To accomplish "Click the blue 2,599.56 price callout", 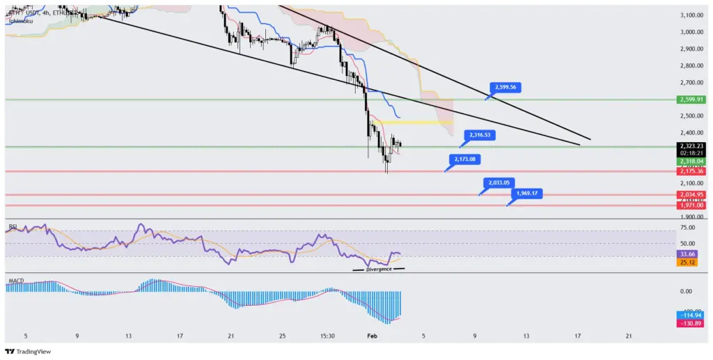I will click(506, 87).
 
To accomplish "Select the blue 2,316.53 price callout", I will click(480, 134).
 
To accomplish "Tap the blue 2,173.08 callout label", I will click(464, 159).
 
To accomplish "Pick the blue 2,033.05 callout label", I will click(499, 182).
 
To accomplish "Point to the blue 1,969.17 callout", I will click(527, 193).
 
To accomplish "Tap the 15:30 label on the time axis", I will click(328, 336).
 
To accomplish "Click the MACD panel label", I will click(15, 281).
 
